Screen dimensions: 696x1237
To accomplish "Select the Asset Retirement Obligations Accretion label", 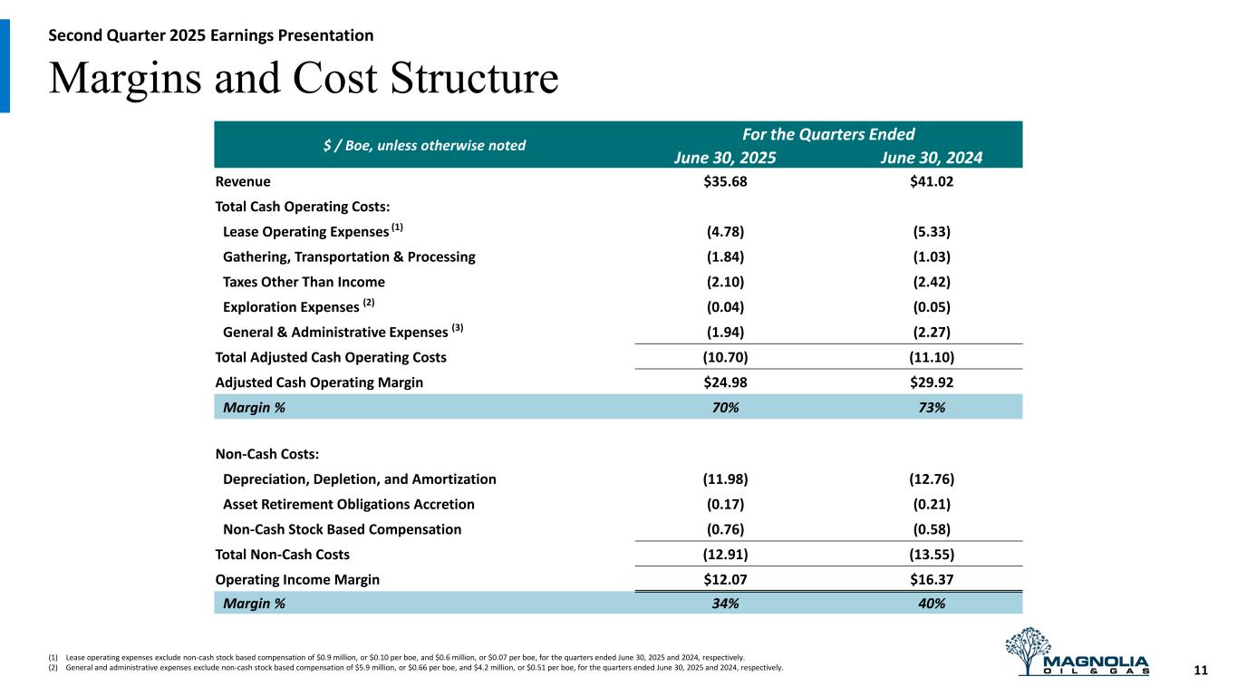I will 348,504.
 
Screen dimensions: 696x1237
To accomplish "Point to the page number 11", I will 1201,671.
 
